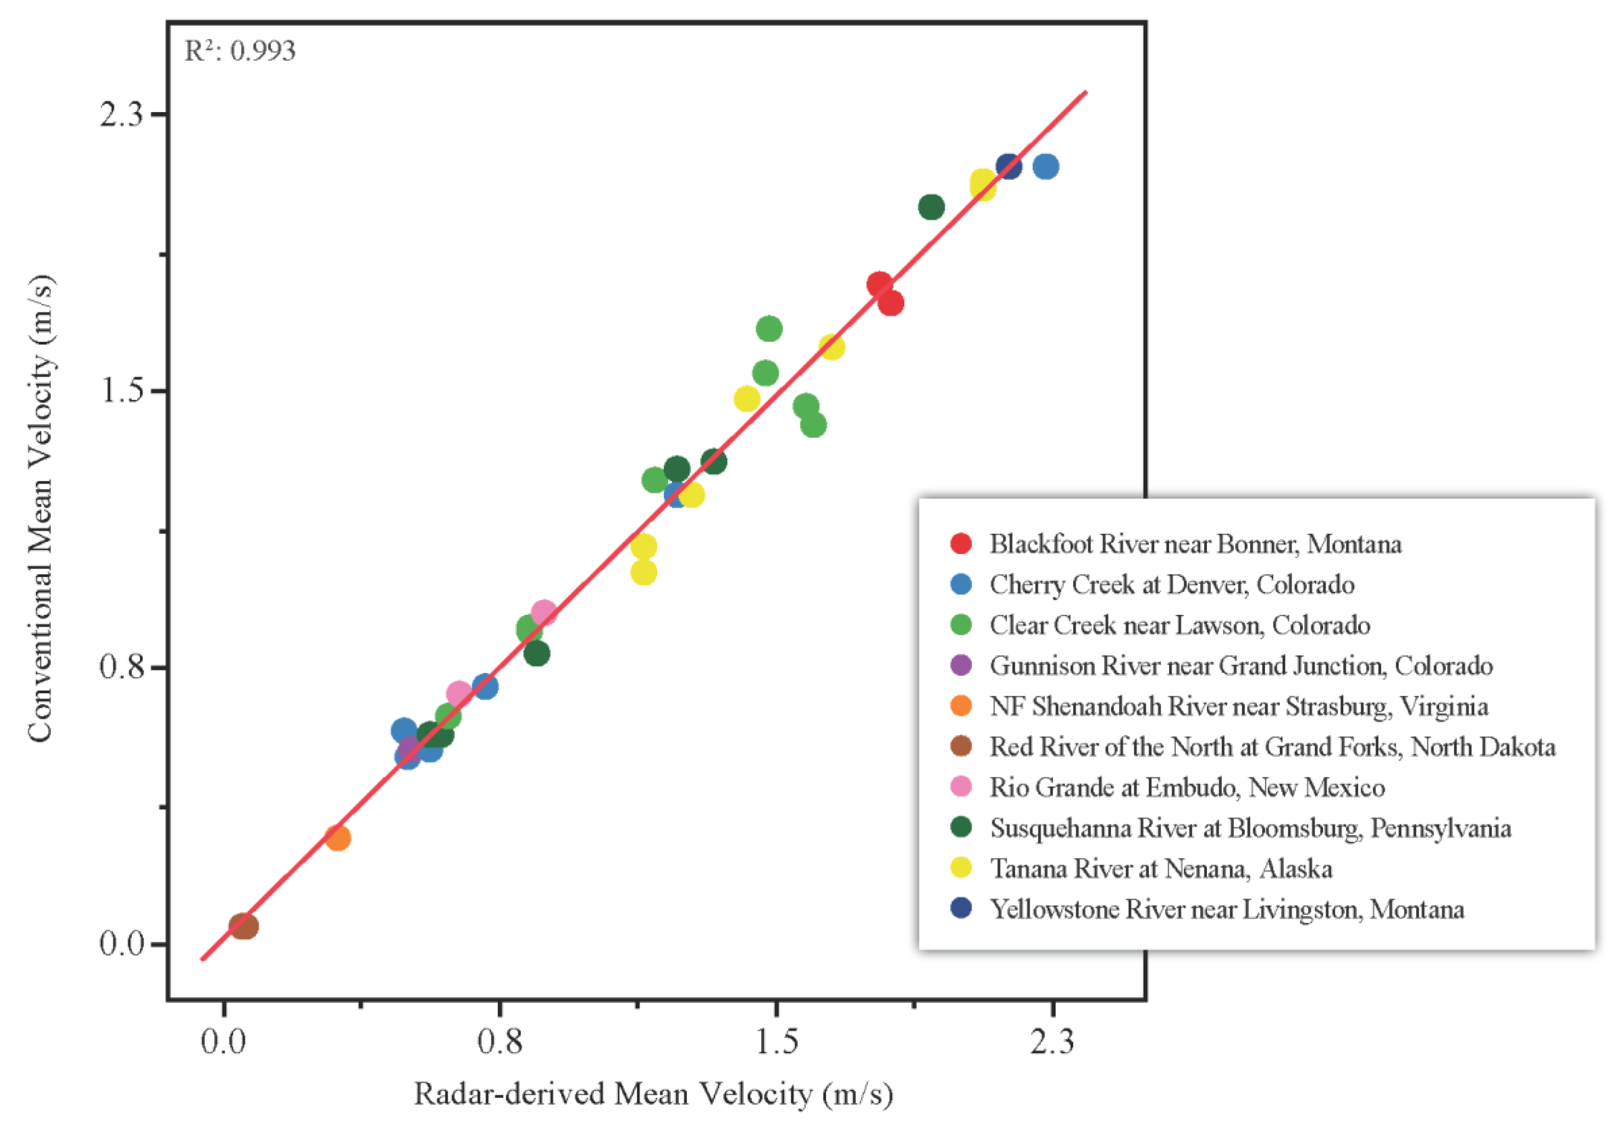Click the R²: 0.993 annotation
point(240,51)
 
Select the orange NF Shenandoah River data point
point(337,837)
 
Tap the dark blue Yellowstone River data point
point(1008,167)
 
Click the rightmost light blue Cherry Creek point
point(1046,167)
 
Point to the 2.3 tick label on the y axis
point(121,114)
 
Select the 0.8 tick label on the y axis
point(121,666)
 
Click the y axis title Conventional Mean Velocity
point(41,508)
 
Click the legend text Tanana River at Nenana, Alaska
point(1161,868)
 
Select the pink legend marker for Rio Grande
point(961,787)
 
